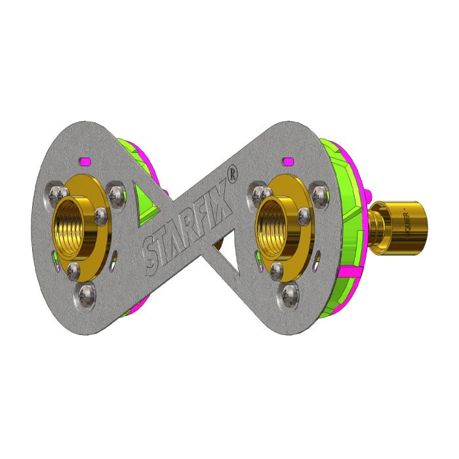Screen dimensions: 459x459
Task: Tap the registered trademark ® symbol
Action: pyautogui.click(x=231, y=172)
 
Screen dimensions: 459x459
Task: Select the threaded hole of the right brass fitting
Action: pyautogui.click(x=276, y=226)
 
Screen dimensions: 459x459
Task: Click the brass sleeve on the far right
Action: pyautogui.click(x=408, y=223)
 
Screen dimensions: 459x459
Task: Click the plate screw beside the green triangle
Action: pyautogui.click(x=117, y=193)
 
